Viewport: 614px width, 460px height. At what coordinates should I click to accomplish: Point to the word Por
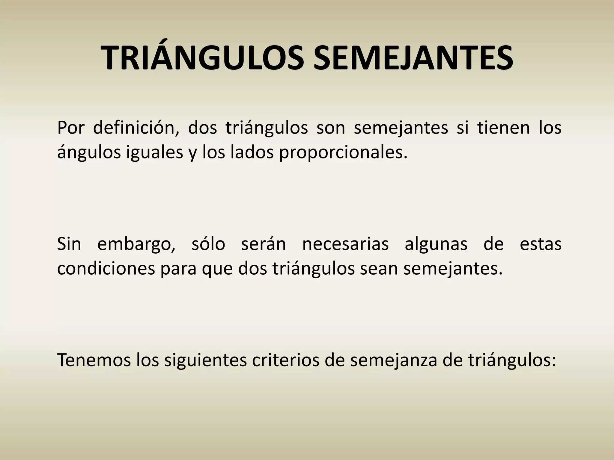click(70, 128)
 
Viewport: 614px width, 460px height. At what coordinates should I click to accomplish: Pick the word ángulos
click(89, 153)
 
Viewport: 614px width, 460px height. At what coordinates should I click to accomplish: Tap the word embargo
click(136, 244)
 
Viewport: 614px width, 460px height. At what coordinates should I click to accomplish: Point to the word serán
click(264, 244)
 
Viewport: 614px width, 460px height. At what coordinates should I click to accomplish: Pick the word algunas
click(436, 244)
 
